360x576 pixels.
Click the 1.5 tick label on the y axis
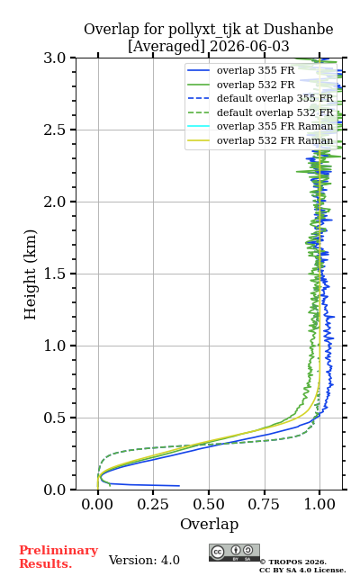(55, 274)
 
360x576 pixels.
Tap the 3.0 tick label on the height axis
(55, 58)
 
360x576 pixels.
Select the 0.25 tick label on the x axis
(153, 504)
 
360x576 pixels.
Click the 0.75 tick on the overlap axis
(265, 492)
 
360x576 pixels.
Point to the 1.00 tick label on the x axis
(319, 504)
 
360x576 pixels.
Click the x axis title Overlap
(209, 524)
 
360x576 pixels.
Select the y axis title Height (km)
(30, 274)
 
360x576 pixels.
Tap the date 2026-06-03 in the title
(250, 46)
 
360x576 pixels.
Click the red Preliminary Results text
(58, 557)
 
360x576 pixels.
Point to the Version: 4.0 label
(144, 560)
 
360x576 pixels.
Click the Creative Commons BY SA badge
(234, 553)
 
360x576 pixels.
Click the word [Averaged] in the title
(166, 46)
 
